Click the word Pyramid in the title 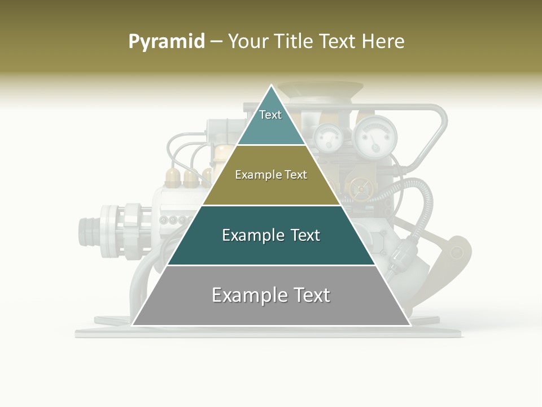point(166,41)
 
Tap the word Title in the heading point(294,41)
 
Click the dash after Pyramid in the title point(216,42)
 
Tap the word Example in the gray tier point(246,295)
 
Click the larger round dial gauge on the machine point(375,136)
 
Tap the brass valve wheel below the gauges point(357,189)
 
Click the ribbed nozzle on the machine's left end point(88,230)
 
